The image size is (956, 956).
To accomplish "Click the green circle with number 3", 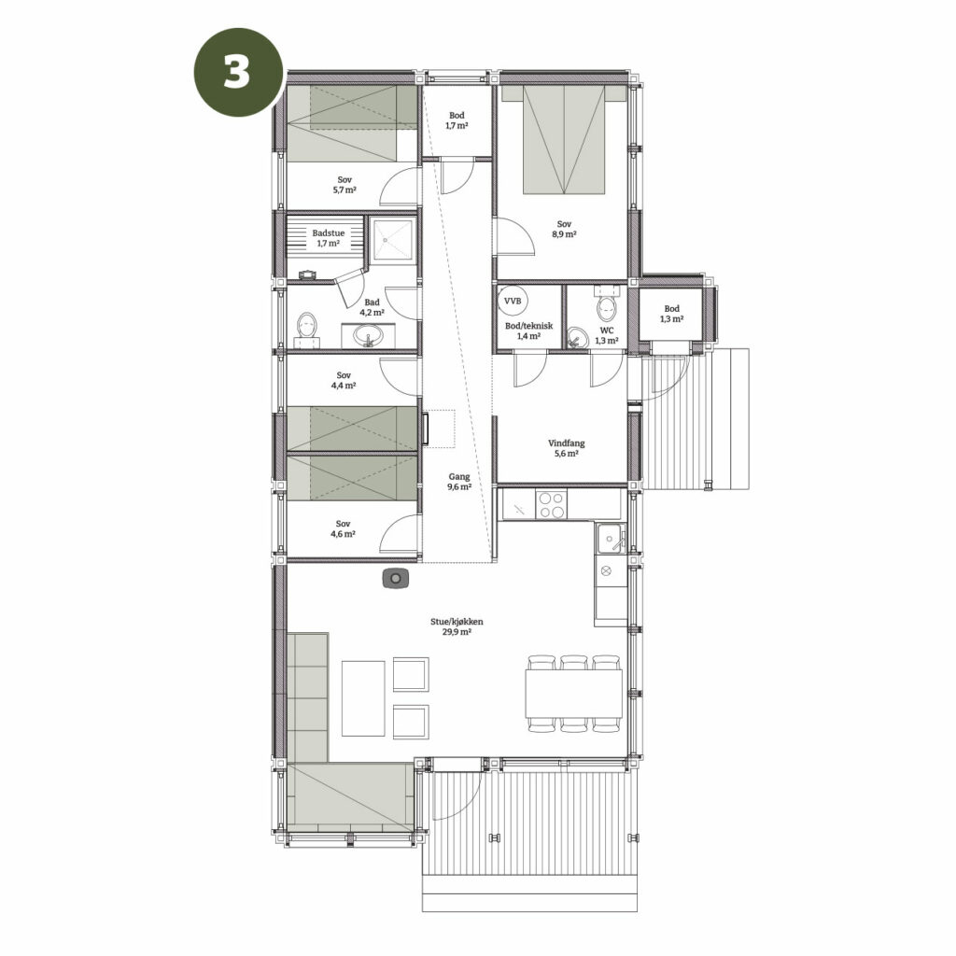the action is point(238,73).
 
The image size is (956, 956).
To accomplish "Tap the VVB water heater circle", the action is point(513,301).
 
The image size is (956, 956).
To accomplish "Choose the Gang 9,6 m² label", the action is point(459,482).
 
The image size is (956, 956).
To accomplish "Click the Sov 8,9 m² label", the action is point(564,229).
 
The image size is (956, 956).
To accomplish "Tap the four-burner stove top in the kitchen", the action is point(551,504).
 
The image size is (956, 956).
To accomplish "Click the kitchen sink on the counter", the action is point(611,538).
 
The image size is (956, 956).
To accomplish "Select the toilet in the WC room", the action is point(607,306).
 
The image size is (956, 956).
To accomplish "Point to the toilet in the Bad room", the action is point(307,329).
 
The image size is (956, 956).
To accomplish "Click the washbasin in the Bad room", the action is point(368,335).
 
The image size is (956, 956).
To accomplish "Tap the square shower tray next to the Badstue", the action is point(393,240).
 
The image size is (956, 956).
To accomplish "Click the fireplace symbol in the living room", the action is point(396,578).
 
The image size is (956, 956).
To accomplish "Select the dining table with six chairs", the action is point(574,694).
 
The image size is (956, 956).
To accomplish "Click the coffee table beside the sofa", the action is point(363,698).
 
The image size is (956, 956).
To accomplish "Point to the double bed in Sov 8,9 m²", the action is point(565,139).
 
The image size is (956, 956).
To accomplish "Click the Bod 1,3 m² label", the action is point(671,314).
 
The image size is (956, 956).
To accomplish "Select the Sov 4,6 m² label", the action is point(344,528).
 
